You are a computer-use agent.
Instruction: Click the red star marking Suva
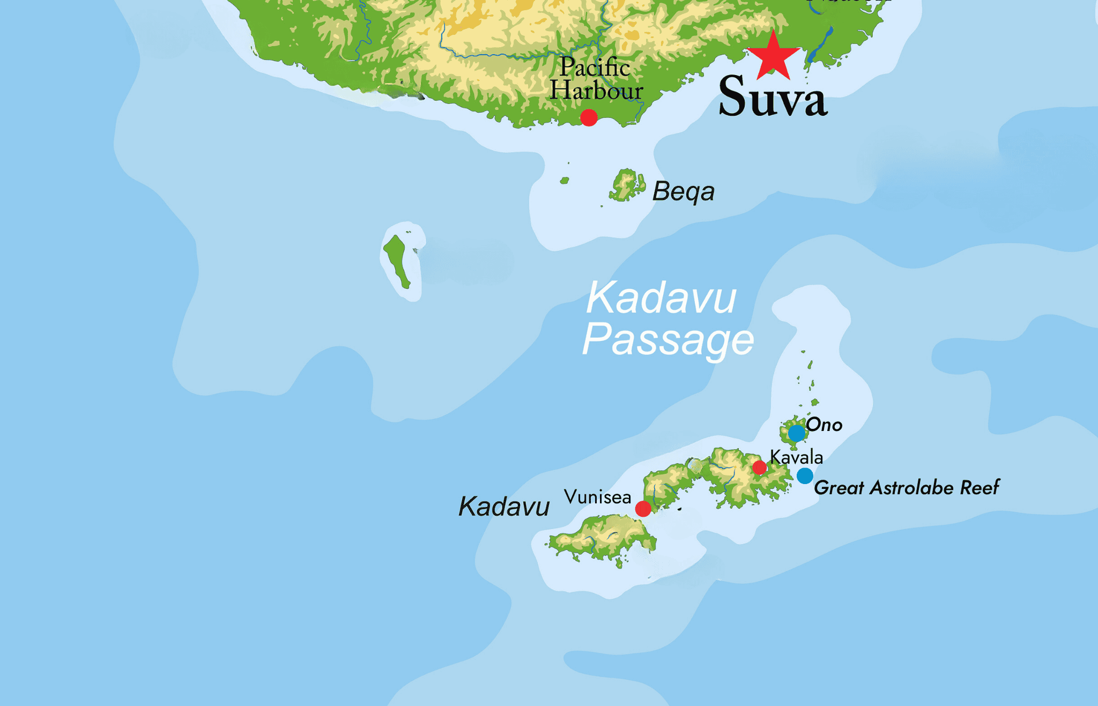[773, 57]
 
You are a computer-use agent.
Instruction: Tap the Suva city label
[773, 97]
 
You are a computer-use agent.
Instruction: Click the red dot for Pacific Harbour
[589, 117]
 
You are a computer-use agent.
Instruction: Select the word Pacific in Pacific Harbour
[595, 68]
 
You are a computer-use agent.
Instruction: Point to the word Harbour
[596, 90]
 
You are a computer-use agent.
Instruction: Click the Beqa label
[683, 191]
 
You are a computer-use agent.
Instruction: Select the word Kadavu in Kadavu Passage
[661, 298]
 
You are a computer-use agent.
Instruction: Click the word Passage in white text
[668, 340]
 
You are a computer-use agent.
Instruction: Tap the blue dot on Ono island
[797, 433]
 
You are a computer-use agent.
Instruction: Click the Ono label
[824, 425]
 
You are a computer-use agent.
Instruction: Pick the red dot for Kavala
[759, 467]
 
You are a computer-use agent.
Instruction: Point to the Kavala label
[796, 457]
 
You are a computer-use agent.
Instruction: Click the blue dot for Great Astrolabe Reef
[805, 475]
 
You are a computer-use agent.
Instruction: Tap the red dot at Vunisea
[643, 508]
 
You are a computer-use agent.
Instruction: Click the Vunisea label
[597, 497]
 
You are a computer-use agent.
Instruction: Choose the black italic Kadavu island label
[504, 507]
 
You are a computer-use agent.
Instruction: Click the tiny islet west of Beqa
[564, 181]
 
